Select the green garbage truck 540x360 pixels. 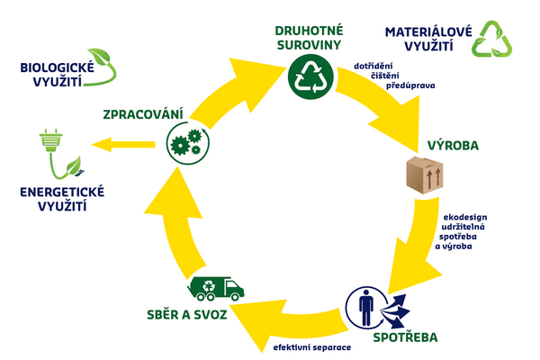pyautogui.click(x=216, y=288)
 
